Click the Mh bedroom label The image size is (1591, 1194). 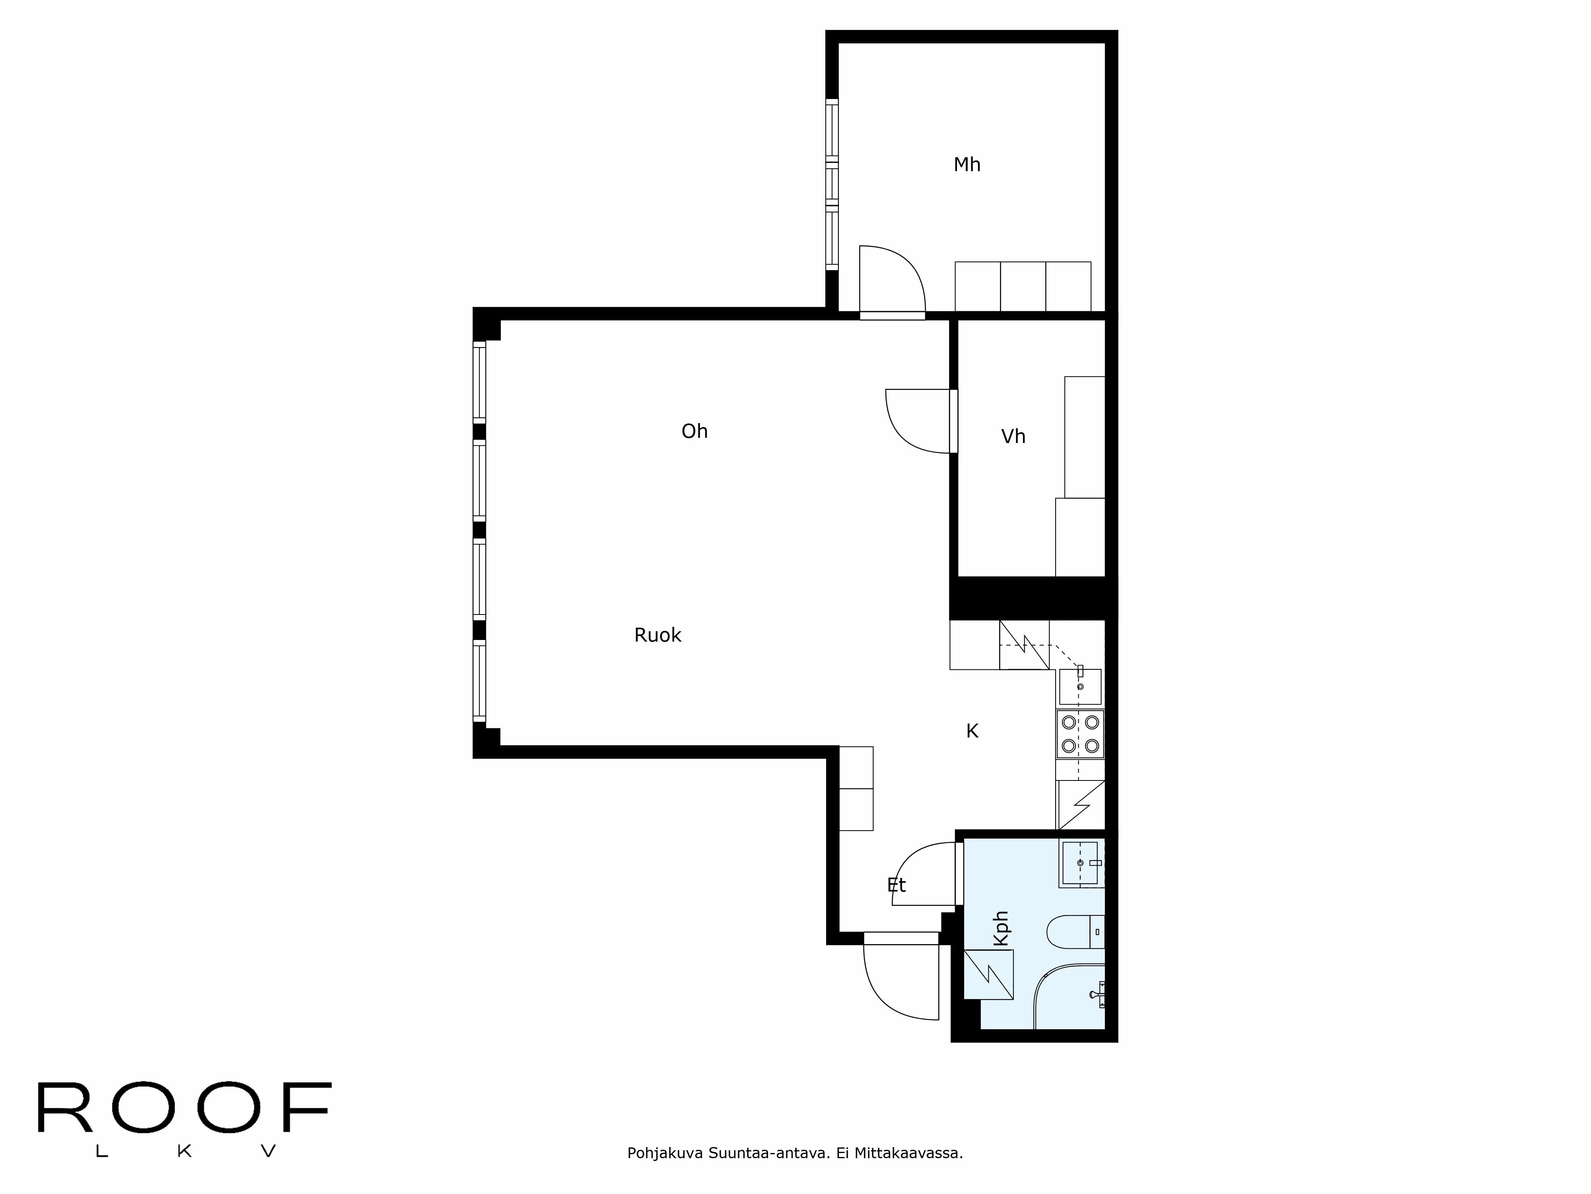click(x=967, y=165)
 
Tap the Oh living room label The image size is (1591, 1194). click(x=694, y=431)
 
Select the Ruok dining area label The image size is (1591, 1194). click(x=657, y=635)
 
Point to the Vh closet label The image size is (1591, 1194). click(x=1013, y=436)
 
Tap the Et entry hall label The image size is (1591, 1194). click(x=896, y=885)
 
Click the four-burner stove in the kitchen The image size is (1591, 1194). click(x=1079, y=734)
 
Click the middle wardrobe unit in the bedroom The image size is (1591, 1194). click(x=1023, y=287)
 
